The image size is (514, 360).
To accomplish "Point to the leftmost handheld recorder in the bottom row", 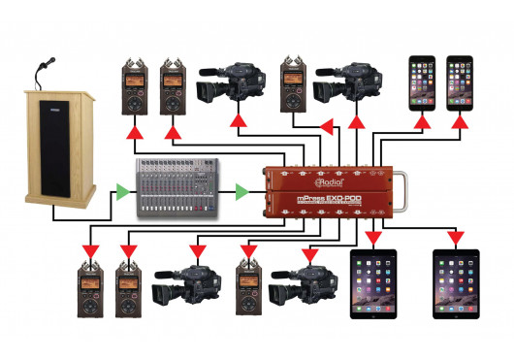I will point(92,284).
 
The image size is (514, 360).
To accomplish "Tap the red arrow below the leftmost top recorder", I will point(133,129).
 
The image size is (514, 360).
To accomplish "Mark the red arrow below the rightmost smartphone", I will point(457,124).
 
